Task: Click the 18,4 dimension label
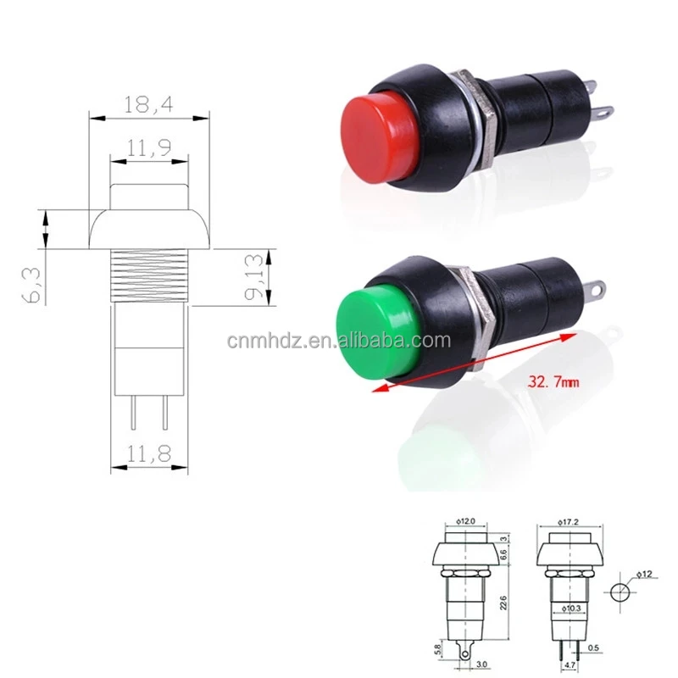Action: point(148,104)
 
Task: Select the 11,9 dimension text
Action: point(148,147)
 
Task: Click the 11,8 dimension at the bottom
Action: point(148,455)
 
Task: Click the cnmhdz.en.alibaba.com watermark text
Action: point(339,341)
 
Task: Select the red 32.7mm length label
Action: point(553,382)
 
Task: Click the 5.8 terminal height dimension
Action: point(436,650)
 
